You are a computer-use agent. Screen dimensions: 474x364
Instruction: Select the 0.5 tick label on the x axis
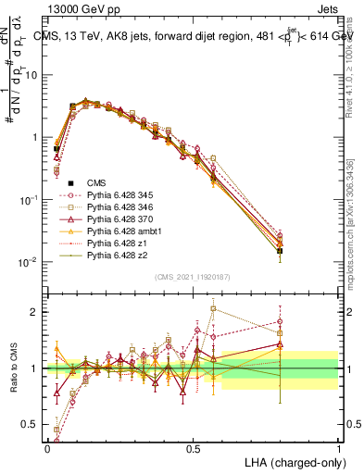(193, 447)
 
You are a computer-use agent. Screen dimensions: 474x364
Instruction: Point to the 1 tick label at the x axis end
(338, 447)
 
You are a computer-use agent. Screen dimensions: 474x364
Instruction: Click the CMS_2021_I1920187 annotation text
(192, 277)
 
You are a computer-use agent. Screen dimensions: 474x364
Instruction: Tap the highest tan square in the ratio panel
(213, 308)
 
